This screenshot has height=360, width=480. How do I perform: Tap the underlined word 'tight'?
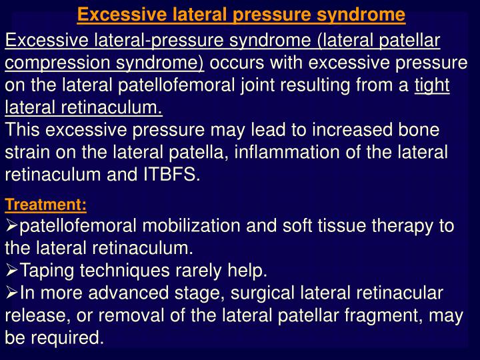point(432,85)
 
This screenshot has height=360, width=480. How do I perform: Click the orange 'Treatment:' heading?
point(45,204)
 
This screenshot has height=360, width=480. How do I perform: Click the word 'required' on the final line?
point(68,337)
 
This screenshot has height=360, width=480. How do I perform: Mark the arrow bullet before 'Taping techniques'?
point(12,270)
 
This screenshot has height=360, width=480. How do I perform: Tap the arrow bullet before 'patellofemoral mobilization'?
point(12,225)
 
